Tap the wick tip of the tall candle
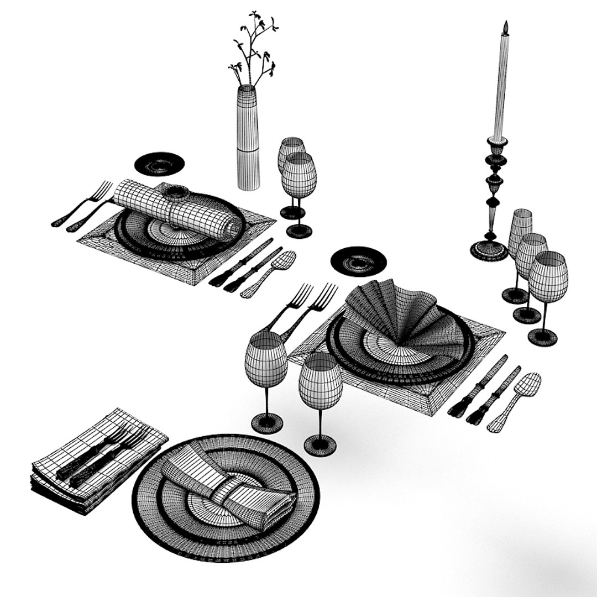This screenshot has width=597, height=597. pyautogui.click(x=505, y=24)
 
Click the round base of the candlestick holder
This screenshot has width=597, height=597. pyautogui.click(x=489, y=251)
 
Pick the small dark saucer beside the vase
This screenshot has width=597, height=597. pyautogui.click(x=159, y=164)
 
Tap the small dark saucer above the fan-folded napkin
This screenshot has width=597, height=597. pyautogui.click(x=358, y=260)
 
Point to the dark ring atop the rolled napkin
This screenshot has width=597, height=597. pyautogui.click(x=176, y=192)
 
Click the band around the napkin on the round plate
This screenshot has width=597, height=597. pyautogui.click(x=228, y=490)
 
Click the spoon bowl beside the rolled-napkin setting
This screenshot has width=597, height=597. pyautogui.click(x=284, y=260)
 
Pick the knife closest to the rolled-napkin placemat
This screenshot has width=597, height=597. pyautogui.click(x=241, y=263)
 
